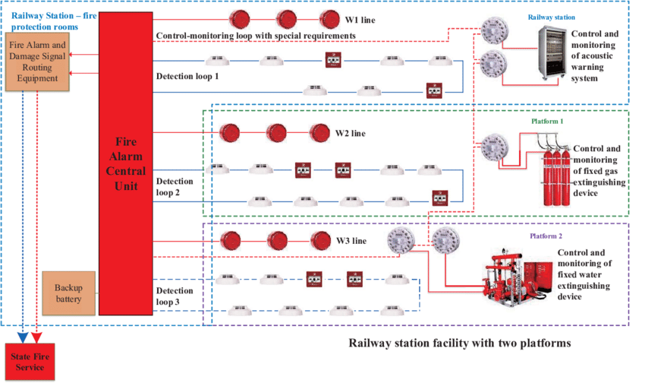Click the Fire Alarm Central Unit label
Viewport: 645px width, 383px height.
coord(126,163)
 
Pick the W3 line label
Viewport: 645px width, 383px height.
coord(351,242)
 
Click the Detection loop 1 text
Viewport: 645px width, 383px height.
coord(187,77)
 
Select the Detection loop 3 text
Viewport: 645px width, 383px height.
coord(175,296)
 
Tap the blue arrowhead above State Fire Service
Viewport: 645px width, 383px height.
coord(24,334)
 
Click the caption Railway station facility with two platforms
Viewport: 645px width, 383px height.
coord(459,343)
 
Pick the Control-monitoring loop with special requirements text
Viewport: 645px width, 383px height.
coord(256,36)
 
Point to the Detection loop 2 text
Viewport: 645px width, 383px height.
coord(175,187)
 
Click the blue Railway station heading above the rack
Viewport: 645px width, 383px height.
coord(552,17)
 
